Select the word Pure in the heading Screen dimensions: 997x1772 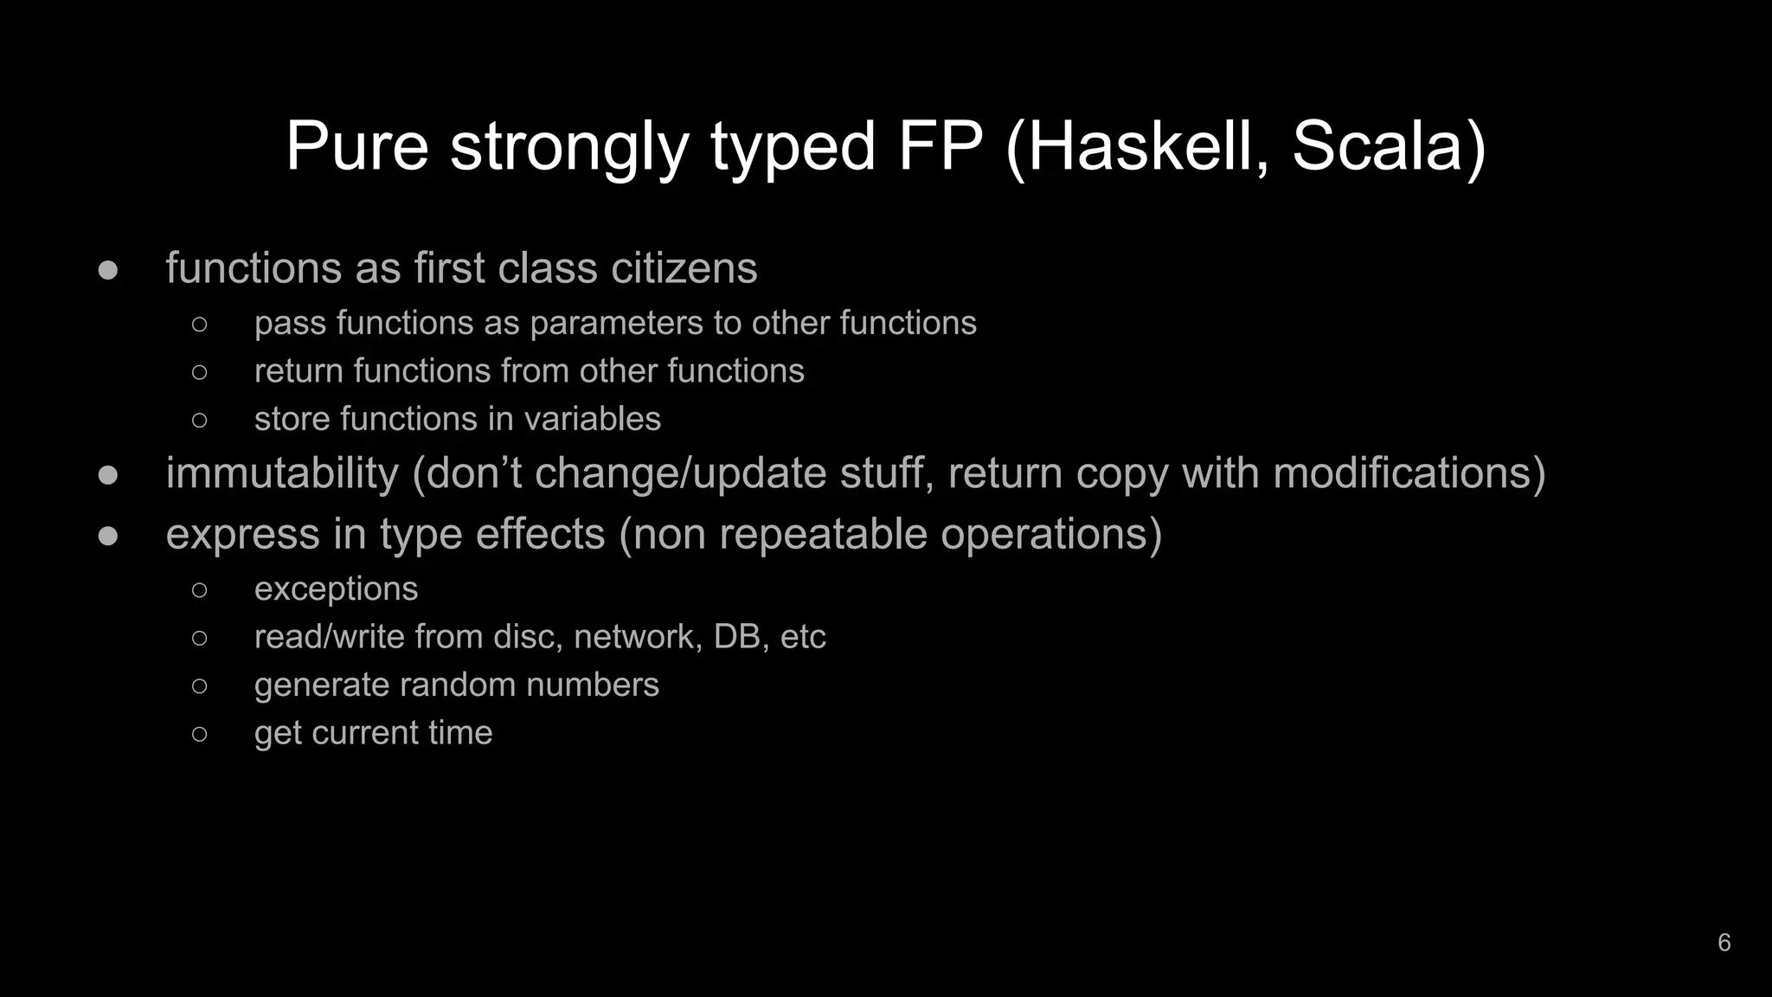(x=356, y=147)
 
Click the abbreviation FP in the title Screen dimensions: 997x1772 (x=941, y=147)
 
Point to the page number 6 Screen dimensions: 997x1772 (x=1724, y=942)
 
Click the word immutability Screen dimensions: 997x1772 (x=282, y=473)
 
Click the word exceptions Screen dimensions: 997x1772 (x=336, y=589)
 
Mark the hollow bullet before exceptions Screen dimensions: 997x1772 (x=199, y=590)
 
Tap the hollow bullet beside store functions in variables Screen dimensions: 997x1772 (x=199, y=421)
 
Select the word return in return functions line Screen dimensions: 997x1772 (x=299, y=371)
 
